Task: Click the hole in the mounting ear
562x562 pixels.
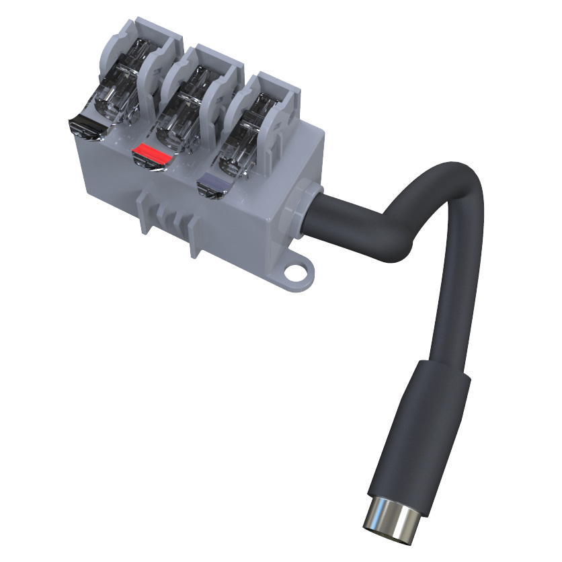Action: [x=295, y=272]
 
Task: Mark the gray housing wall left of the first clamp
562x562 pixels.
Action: [x=94, y=61]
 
